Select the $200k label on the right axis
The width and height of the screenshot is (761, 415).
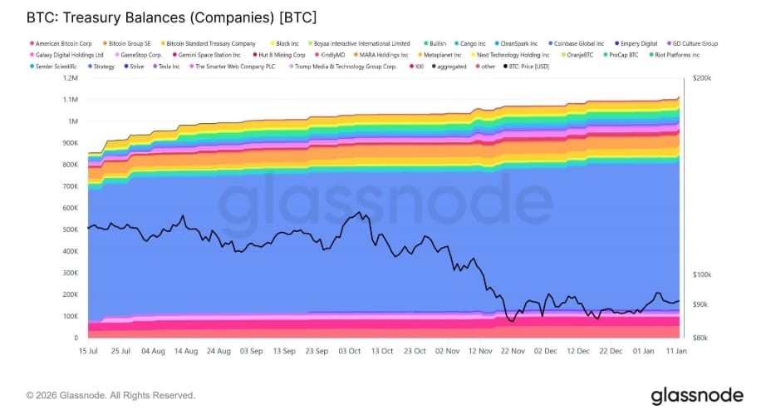tap(702, 78)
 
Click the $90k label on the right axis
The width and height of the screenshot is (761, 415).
tap(700, 304)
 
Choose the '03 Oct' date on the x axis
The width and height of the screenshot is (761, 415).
tap(348, 351)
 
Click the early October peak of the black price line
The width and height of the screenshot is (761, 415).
tap(358, 213)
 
